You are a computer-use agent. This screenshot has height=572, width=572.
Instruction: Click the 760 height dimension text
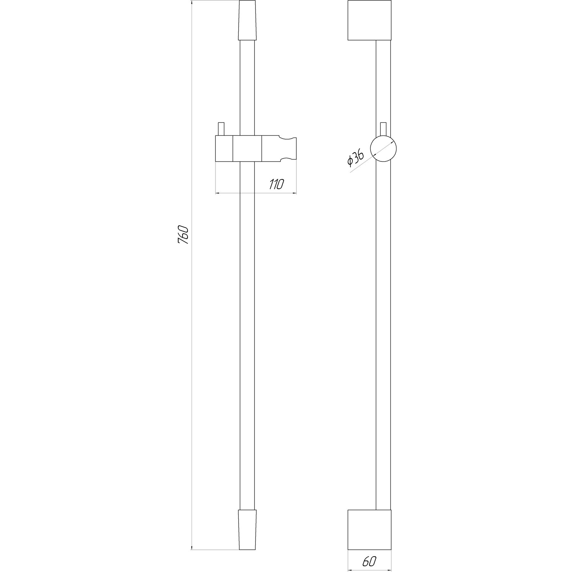coord(183,235)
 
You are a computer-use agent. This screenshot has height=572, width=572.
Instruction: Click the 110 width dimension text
coord(276,184)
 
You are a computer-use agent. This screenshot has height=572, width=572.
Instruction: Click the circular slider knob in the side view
coord(384,148)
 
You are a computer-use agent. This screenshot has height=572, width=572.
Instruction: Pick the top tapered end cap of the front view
coord(247,20)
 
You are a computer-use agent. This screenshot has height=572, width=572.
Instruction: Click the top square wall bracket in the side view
coord(369,20)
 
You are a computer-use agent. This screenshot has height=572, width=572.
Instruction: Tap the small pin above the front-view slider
coord(221,129)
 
